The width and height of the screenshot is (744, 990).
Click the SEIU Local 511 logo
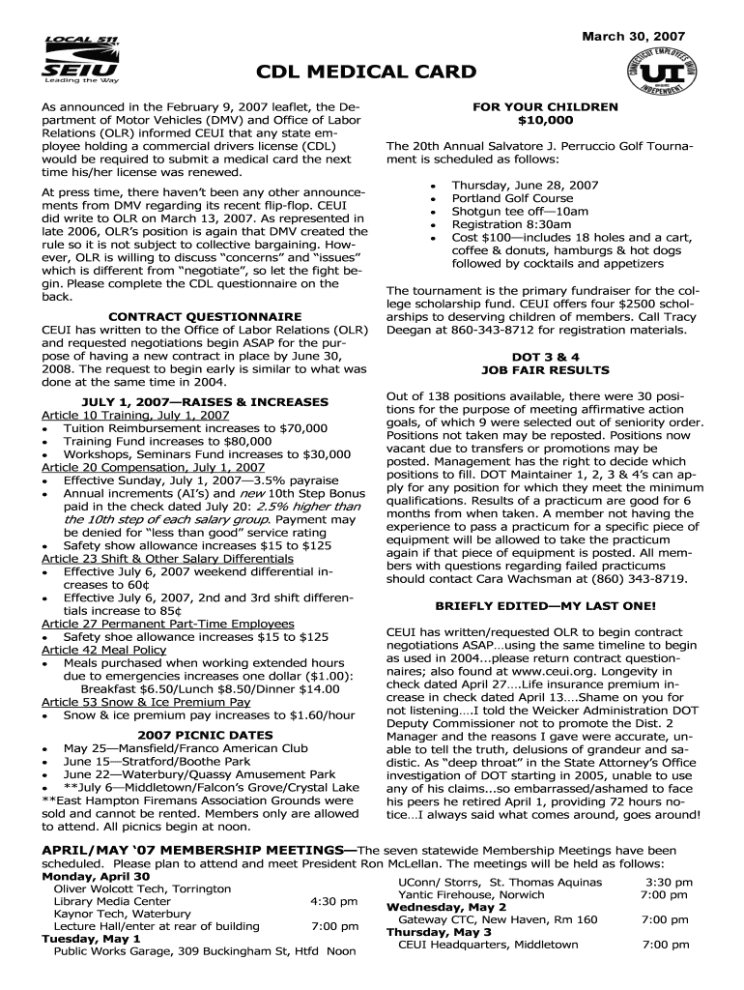tap(81, 61)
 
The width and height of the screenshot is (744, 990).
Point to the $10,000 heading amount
tap(545, 120)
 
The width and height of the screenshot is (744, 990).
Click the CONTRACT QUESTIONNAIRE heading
tap(204, 316)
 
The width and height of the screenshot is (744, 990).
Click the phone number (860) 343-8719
tap(640, 579)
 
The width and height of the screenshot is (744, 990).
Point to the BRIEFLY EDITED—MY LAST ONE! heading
tap(545, 606)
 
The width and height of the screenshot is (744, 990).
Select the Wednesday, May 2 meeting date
tap(446, 907)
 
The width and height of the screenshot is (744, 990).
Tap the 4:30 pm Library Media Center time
tap(334, 901)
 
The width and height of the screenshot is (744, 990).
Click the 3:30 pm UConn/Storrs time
tap(668, 882)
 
